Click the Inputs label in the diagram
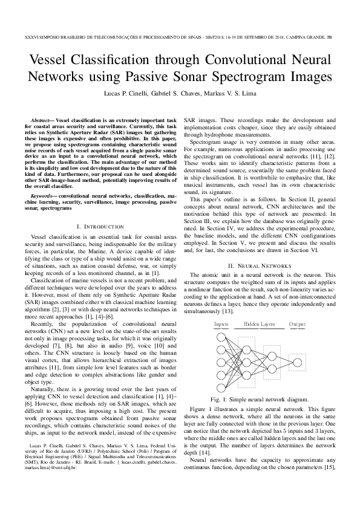click(221, 325)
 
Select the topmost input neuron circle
click(221, 336)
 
